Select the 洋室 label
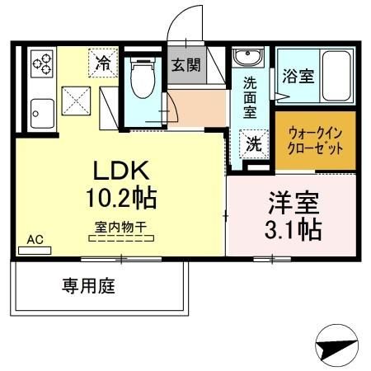click(289, 201)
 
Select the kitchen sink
click(40, 112)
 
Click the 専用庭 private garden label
click(87, 287)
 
